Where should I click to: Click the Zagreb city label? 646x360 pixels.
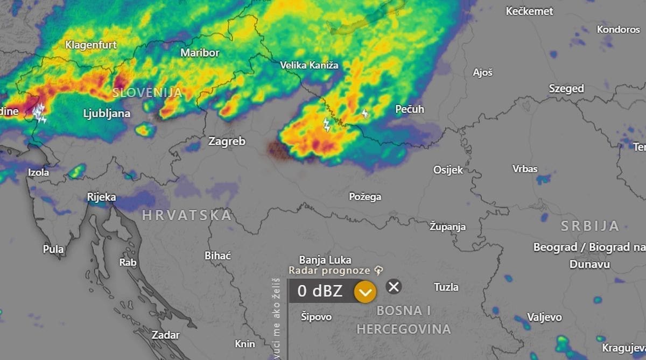(227, 142)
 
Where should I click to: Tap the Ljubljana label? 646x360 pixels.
(107, 114)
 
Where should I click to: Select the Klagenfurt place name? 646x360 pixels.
(91, 45)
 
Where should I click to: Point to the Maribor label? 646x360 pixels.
(200, 53)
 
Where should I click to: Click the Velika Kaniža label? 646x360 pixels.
(309, 65)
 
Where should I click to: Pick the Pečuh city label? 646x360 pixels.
(410, 109)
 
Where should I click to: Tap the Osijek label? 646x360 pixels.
(448, 170)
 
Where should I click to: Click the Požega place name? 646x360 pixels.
(365, 196)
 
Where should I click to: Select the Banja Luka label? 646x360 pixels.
(325, 259)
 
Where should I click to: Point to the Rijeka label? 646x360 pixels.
(101, 197)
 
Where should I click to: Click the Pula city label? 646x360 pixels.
(53, 249)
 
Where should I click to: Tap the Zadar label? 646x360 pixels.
(165, 335)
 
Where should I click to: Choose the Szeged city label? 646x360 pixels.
(566, 88)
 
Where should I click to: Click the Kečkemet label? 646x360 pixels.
(530, 11)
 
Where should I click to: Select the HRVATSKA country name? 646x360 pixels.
(187, 215)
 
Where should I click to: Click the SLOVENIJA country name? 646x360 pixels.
(147, 93)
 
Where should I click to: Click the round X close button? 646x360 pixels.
(394, 286)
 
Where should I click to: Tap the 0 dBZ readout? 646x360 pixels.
(320, 291)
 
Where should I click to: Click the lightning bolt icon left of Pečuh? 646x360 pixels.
(366, 114)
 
